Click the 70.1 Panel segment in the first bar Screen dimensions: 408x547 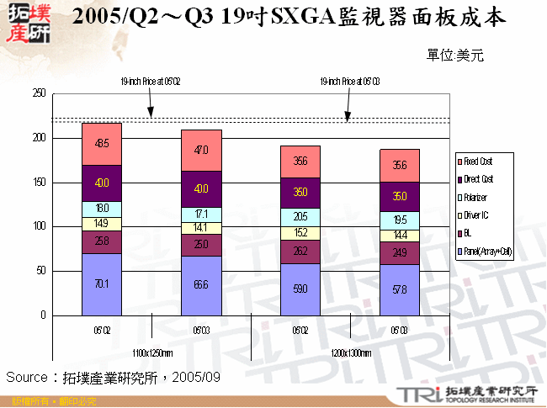102,284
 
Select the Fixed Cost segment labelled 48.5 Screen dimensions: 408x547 102,144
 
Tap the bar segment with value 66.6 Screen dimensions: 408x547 201,285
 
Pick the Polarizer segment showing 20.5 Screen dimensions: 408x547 300,215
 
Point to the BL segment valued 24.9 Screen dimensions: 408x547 400,253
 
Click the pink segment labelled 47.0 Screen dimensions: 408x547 201,151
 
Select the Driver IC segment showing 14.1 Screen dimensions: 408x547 201,227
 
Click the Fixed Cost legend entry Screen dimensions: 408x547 481,160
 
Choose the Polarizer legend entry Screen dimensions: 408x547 481,197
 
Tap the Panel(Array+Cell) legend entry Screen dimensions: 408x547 487,252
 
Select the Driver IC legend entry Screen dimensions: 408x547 481,215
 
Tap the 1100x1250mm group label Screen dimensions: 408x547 151,353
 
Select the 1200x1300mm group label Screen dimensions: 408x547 350,353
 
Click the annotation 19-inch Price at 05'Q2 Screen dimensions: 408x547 151,82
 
